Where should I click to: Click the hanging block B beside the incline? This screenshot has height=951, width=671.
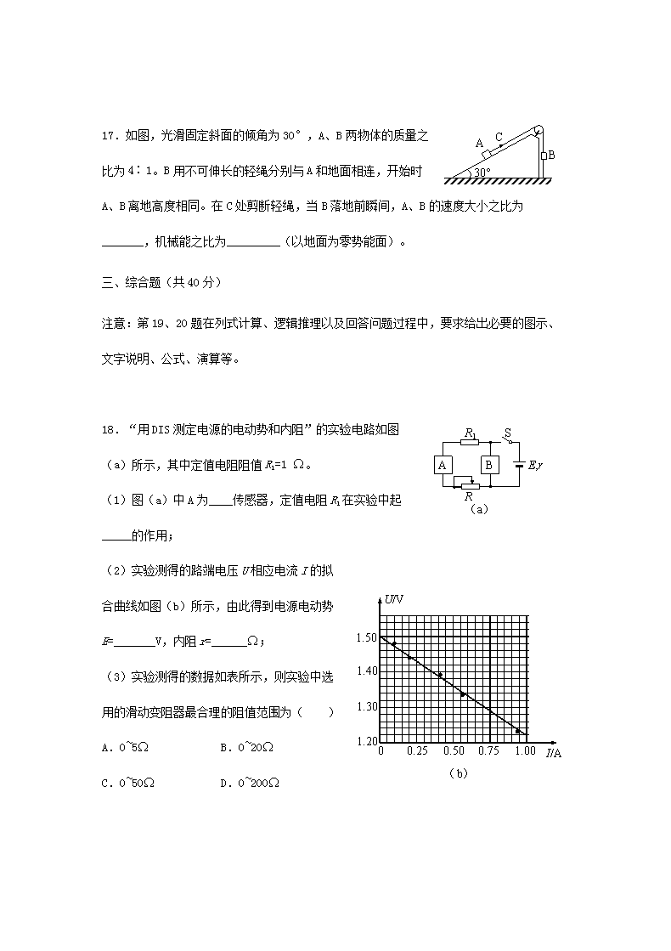[x=543, y=156]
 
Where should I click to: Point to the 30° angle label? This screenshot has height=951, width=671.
[x=482, y=172]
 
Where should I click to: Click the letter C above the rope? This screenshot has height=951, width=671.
[x=499, y=136]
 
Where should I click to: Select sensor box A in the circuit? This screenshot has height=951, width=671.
[x=443, y=465]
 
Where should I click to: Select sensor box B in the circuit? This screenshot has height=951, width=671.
[x=489, y=465]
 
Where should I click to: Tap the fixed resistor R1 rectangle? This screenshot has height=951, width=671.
[x=470, y=442]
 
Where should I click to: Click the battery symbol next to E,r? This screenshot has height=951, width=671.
[x=519, y=465]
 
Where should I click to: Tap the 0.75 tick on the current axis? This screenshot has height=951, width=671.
[x=488, y=751]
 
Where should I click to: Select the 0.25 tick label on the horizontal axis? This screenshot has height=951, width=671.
[x=416, y=751]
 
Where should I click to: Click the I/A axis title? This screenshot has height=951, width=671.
[x=553, y=753]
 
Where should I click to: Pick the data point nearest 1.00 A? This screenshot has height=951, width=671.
[x=517, y=731]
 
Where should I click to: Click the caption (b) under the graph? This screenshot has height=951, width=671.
[x=458, y=773]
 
